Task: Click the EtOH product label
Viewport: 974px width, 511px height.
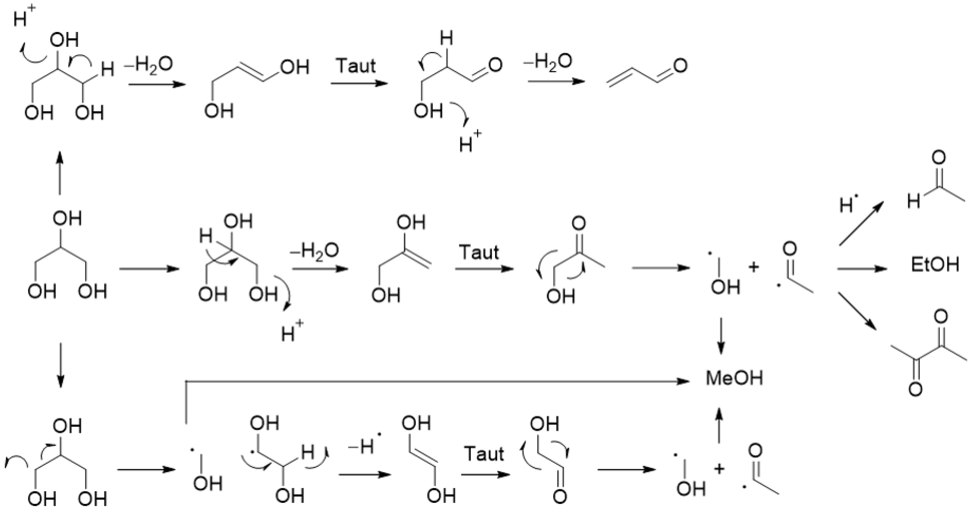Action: pyautogui.click(x=935, y=265)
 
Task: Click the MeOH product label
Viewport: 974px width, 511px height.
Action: pyautogui.click(x=734, y=378)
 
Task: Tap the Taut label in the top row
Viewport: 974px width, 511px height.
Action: pyautogui.click(x=356, y=66)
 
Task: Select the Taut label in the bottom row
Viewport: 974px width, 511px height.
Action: pyautogui.click(x=484, y=454)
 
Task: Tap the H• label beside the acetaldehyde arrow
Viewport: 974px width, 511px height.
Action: pyautogui.click(x=849, y=205)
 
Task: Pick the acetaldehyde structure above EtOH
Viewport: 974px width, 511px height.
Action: pyautogui.click(x=934, y=181)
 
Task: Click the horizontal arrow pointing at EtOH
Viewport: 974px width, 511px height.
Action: pyautogui.click(x=862, y=269)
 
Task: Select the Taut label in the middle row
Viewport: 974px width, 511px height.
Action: pyautogui.click(x=479, y=252)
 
